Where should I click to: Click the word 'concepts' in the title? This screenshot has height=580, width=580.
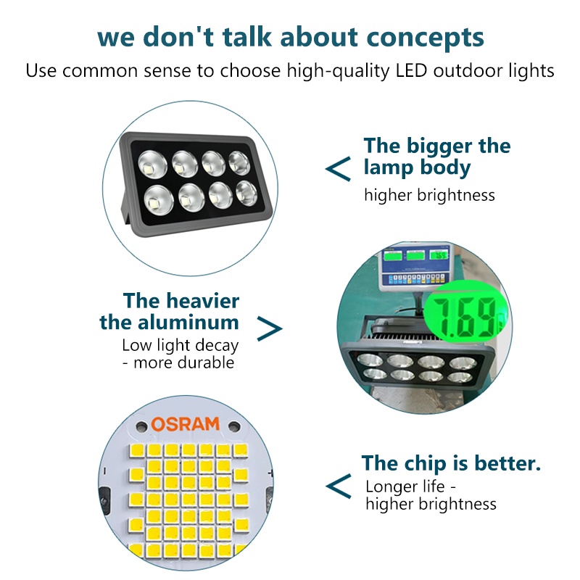click(425, 38)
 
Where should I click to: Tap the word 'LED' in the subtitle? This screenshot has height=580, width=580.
click(411, 70)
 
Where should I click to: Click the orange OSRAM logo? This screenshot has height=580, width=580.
click(186, 424)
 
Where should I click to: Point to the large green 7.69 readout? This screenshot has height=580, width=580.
click(465, 318)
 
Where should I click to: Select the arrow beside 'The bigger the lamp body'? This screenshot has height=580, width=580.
click(338, 169)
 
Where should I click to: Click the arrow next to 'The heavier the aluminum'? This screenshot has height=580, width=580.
click(269, 328)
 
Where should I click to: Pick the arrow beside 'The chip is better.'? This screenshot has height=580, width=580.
click(338, 486)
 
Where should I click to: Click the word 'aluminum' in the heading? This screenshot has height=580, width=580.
click(188, 323)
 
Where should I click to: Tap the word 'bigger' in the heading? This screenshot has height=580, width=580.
click(439, 146)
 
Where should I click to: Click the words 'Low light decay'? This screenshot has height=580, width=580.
click(180, 346)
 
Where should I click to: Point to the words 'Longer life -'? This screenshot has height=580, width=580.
click(410, 486)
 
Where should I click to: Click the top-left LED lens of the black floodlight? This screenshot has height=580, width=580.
click(152, 165)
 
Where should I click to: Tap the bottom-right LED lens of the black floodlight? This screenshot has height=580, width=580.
click(246, 193)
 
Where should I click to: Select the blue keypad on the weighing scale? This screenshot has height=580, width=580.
click(415, 279)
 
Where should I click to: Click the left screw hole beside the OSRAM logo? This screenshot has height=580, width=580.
click(141, 426)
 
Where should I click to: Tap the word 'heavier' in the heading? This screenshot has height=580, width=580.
click(203, 301)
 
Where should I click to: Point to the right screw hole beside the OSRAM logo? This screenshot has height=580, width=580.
click(233, 426)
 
